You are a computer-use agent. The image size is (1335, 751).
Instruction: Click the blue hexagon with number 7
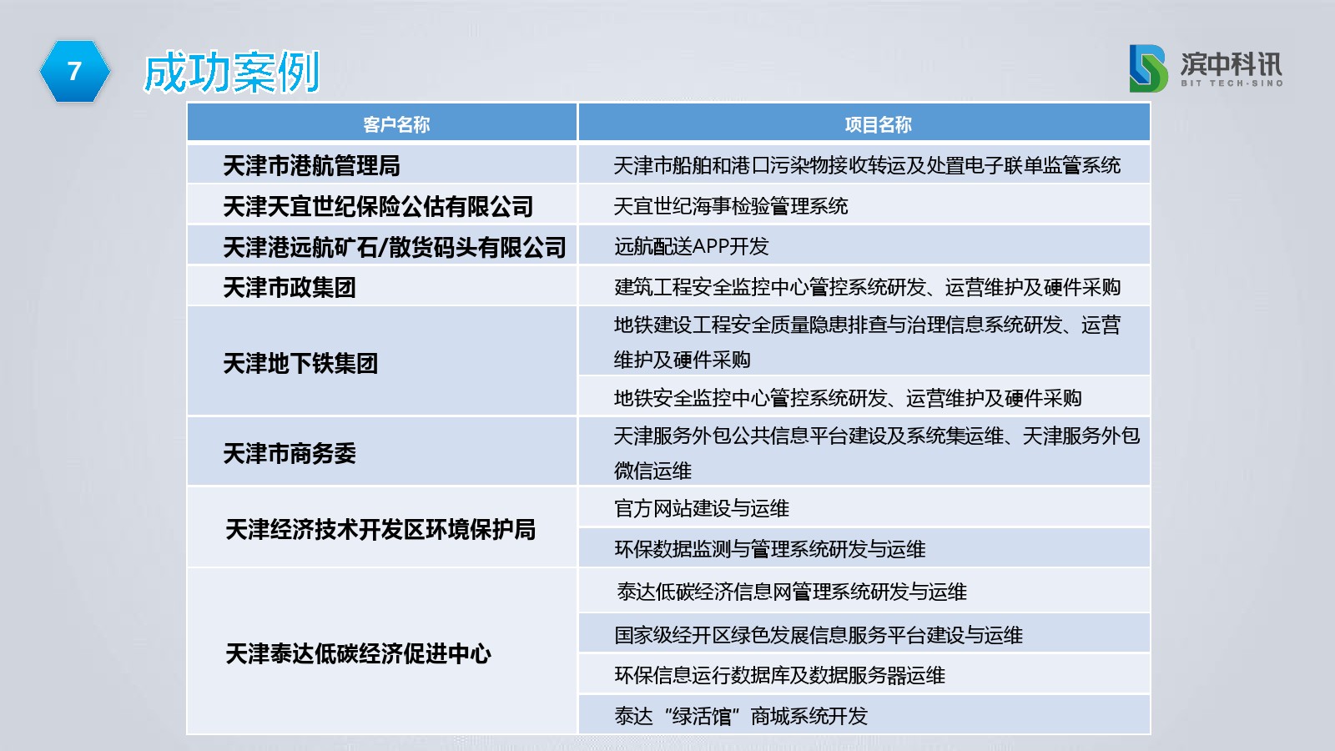(x=75, y=71)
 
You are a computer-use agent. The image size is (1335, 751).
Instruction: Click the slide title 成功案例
(x=232, y=72)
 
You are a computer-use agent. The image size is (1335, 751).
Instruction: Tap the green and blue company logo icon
(x=1148, y=68)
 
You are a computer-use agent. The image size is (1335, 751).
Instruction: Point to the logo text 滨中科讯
(x=1232, y=63)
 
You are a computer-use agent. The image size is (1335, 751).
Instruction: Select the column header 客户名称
(x=396, y=124)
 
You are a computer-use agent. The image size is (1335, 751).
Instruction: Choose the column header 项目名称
(x=879, y=124)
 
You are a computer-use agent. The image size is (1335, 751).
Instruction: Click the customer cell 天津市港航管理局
(x=312, y=166)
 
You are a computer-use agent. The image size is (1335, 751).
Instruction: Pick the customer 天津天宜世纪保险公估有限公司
(x=379, y=206)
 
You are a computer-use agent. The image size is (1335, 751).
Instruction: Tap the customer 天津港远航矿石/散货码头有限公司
(x=395, y=247)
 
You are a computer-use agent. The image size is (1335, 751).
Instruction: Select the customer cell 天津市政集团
(x=290, y=287)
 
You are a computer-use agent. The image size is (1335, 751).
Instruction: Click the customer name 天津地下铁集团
(x=300, y=363)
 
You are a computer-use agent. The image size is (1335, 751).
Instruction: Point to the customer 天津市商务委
(x=290, y=454)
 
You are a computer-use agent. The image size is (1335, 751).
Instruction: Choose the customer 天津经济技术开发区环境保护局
(x=380, y=529)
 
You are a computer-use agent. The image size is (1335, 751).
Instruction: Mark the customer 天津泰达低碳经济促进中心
(x=358, y=654)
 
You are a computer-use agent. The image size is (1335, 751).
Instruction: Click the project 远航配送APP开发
(x=692, y=246)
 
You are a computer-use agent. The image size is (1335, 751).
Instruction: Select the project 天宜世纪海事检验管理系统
(x=731, y=206)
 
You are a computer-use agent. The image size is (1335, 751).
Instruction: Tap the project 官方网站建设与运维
(x=702, y=508)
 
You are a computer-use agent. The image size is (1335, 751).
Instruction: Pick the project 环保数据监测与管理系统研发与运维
(x=770, y=549)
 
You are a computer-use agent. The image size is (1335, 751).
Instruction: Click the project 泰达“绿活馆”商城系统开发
(x=741, y=716)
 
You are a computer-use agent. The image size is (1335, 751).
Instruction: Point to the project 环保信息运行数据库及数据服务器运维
(x=779, y=675)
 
